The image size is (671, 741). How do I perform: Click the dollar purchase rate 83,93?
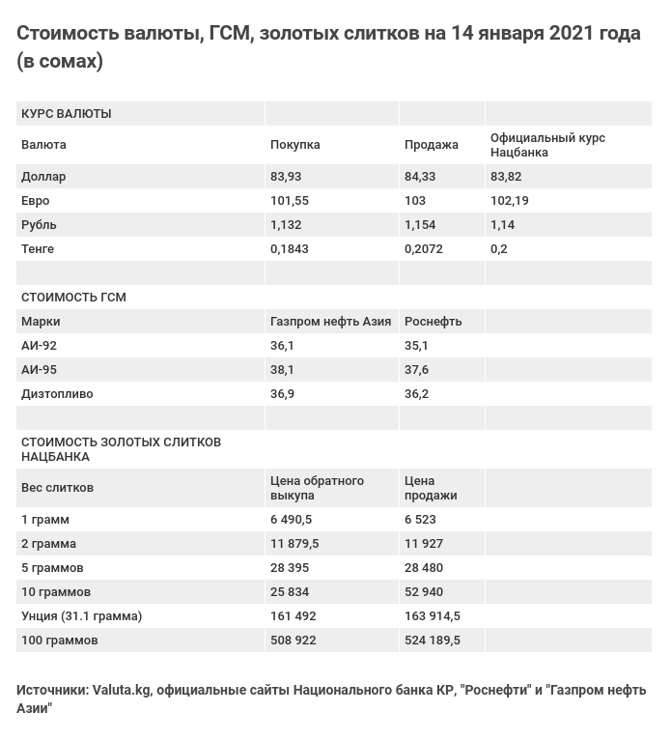tap(286, 177)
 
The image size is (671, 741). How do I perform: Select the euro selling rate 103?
tap(415, 201)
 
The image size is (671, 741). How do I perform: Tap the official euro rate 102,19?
tap(510, 201)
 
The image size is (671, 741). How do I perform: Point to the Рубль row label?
tap(39, 225)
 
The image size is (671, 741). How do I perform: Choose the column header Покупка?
tap(294, 145)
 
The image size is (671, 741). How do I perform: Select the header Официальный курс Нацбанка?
tap(547, 145)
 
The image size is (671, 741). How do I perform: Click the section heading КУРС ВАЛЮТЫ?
tap(66, 114)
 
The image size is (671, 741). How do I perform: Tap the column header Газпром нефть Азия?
tap(330, 322)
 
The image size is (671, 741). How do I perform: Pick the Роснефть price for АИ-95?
tap(416, 370)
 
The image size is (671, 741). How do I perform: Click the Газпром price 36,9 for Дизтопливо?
tap(282, 394)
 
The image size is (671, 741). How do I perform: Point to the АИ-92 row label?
tap(39, 346)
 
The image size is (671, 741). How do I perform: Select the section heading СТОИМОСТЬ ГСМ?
tap(73, 298)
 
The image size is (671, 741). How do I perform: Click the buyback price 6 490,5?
tap(291, 520)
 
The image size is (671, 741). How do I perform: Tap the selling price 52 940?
tap(424, 592)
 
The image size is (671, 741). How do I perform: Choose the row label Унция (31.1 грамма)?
tap(81, 616)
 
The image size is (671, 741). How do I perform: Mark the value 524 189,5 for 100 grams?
tap(432, 641)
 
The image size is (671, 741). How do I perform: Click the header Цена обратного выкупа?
tap(317, 488)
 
